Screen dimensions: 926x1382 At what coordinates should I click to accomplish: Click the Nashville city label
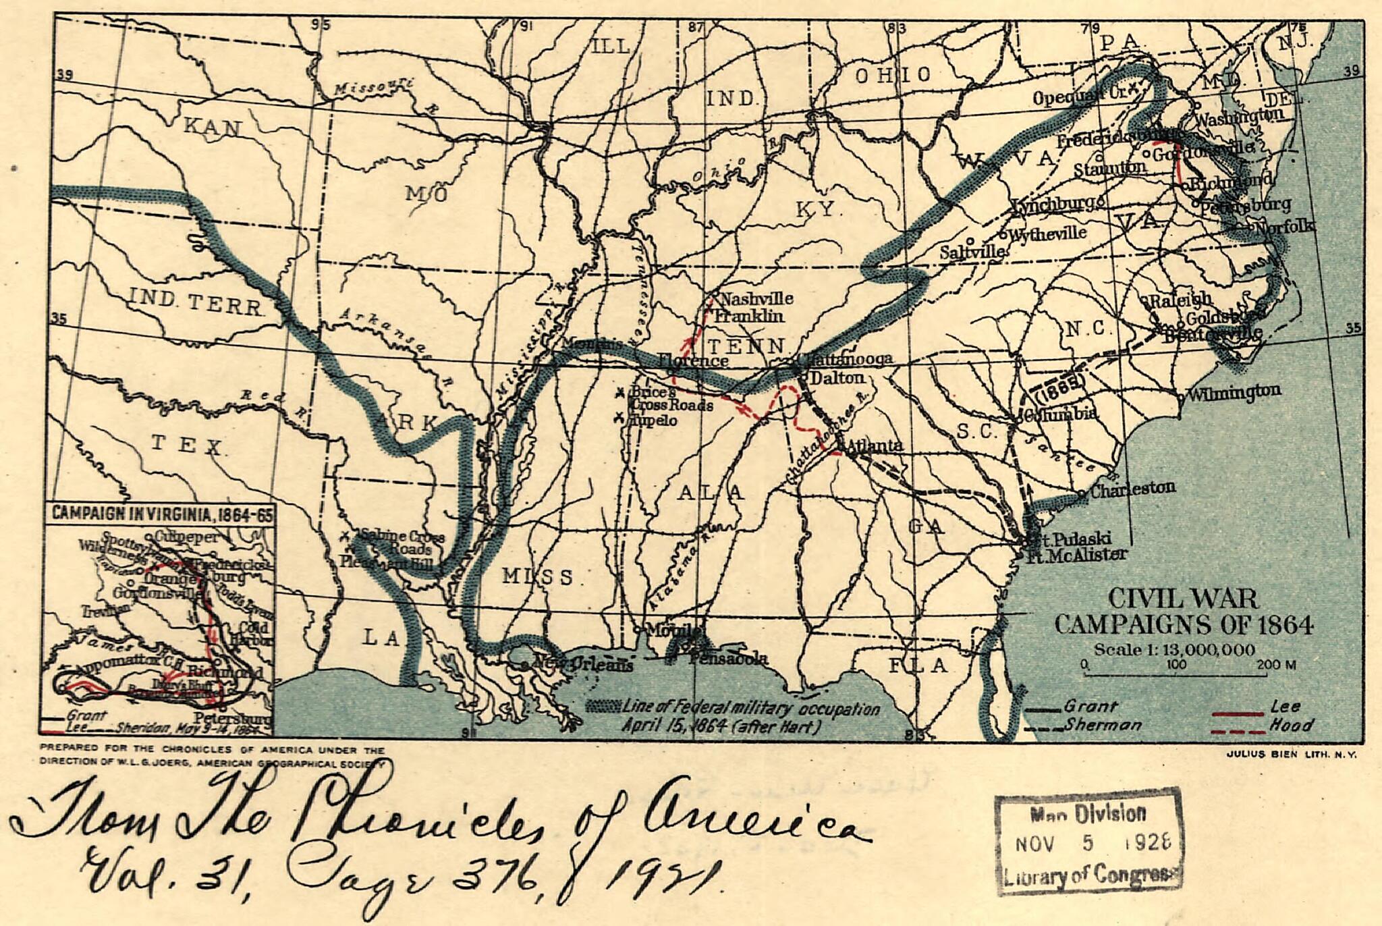(x=757, y=298)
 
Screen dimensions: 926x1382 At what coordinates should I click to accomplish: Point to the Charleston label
(x=1132, y=489)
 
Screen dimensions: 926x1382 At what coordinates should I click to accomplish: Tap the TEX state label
(x=187, y=445)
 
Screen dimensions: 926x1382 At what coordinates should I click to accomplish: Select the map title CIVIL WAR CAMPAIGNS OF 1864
(x=1184, y=611)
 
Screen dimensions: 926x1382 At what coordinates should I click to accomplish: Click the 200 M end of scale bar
(x=1276, y=665)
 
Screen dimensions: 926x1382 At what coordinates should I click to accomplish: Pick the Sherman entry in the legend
(x=1103, y=725)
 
